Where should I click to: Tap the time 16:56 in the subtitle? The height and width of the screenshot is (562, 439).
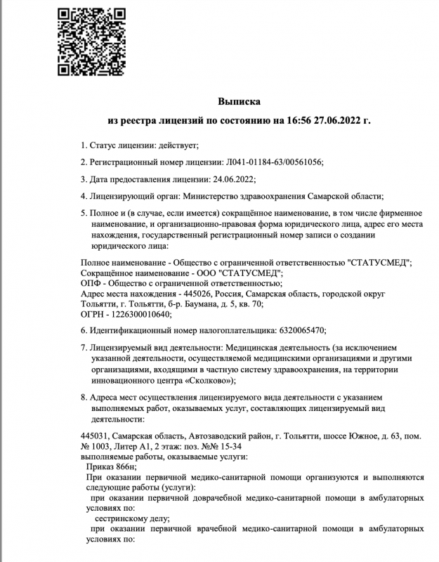301,121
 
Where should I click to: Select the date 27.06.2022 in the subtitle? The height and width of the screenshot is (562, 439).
342,121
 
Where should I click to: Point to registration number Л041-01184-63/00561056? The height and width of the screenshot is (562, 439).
273,162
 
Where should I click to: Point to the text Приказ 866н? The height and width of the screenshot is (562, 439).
111,466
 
